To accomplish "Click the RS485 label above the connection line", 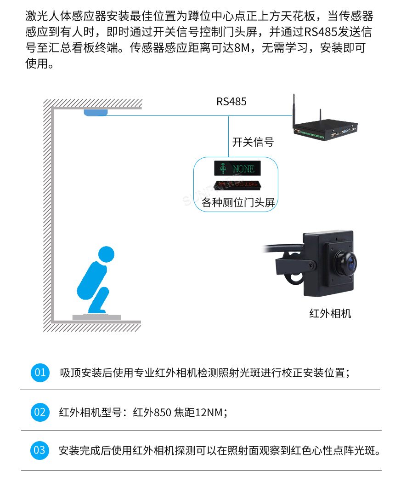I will (x=231, y=102).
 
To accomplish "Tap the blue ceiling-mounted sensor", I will (x=96, y=112).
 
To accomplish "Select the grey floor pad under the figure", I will (x=96, y=317).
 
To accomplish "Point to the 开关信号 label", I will (x=253, y=142).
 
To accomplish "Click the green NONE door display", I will (x=237, y=169).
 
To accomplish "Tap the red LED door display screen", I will (x=237, y=185).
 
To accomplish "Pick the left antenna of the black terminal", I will (x=293, y=110).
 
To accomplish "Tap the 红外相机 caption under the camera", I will (x=330, y=314).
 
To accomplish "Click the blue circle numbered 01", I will (x=40, y=372).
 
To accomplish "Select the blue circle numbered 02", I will (x=40, y=412).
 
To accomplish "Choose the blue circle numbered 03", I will (x=40, y=450).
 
